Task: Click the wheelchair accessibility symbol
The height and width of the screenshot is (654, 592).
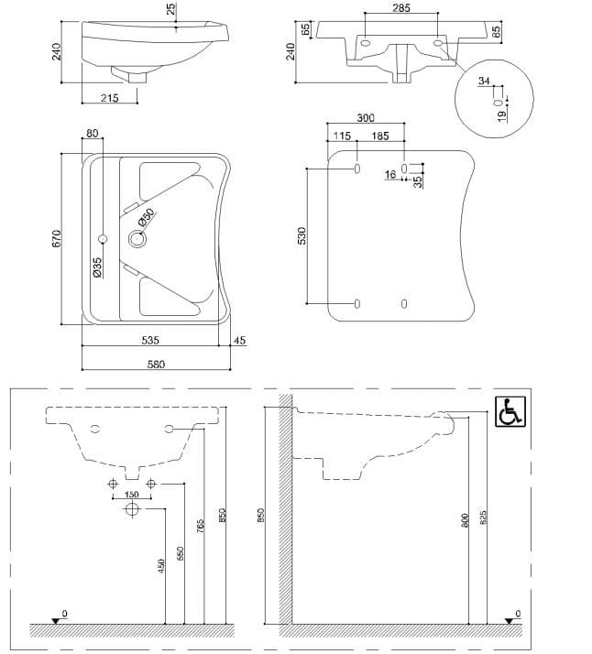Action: [510, 413]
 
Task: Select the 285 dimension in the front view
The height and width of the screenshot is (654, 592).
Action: [400, 7]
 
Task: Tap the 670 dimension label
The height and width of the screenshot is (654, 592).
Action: [56, 238]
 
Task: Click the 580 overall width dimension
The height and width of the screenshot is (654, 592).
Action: [156, 364]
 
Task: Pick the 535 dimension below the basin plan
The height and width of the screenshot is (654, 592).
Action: [151, 340]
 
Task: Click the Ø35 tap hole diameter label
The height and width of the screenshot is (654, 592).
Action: [97, 267]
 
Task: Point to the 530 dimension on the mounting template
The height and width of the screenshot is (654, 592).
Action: [302, 235]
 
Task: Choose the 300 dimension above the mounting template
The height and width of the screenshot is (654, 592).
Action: [366, 118]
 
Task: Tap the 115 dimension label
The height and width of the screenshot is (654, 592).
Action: [342, 136]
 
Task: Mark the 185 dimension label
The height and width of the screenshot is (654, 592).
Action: [379, 136]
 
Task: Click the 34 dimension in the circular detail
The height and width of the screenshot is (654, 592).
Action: [484, 82]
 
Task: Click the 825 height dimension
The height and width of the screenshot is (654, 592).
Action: [484, 519]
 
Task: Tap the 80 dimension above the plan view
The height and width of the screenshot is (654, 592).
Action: [92, 134]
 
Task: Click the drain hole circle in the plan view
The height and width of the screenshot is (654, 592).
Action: [137, 240]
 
